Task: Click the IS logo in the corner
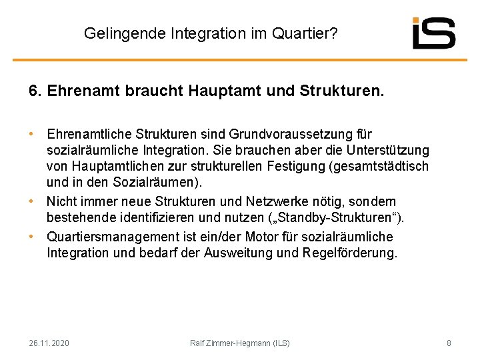click(433, 33)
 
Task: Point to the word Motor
click(263, 237)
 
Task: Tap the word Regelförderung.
click(350, 253)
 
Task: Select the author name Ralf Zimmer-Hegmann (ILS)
click(240, 343)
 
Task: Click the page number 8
click(449, 343)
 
